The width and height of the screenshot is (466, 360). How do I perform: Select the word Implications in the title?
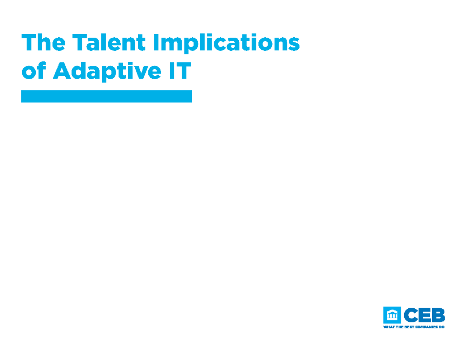226,43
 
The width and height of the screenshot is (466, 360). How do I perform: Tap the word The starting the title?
43,43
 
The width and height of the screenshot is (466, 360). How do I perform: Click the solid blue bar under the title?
106,96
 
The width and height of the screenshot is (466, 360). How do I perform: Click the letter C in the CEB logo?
412,315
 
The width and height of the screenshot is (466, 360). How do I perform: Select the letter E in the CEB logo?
425,315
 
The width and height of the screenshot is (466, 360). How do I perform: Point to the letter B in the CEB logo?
438,315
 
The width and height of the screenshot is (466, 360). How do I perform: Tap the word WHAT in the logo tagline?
388,327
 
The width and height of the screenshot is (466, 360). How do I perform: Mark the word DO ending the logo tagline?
441,327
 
